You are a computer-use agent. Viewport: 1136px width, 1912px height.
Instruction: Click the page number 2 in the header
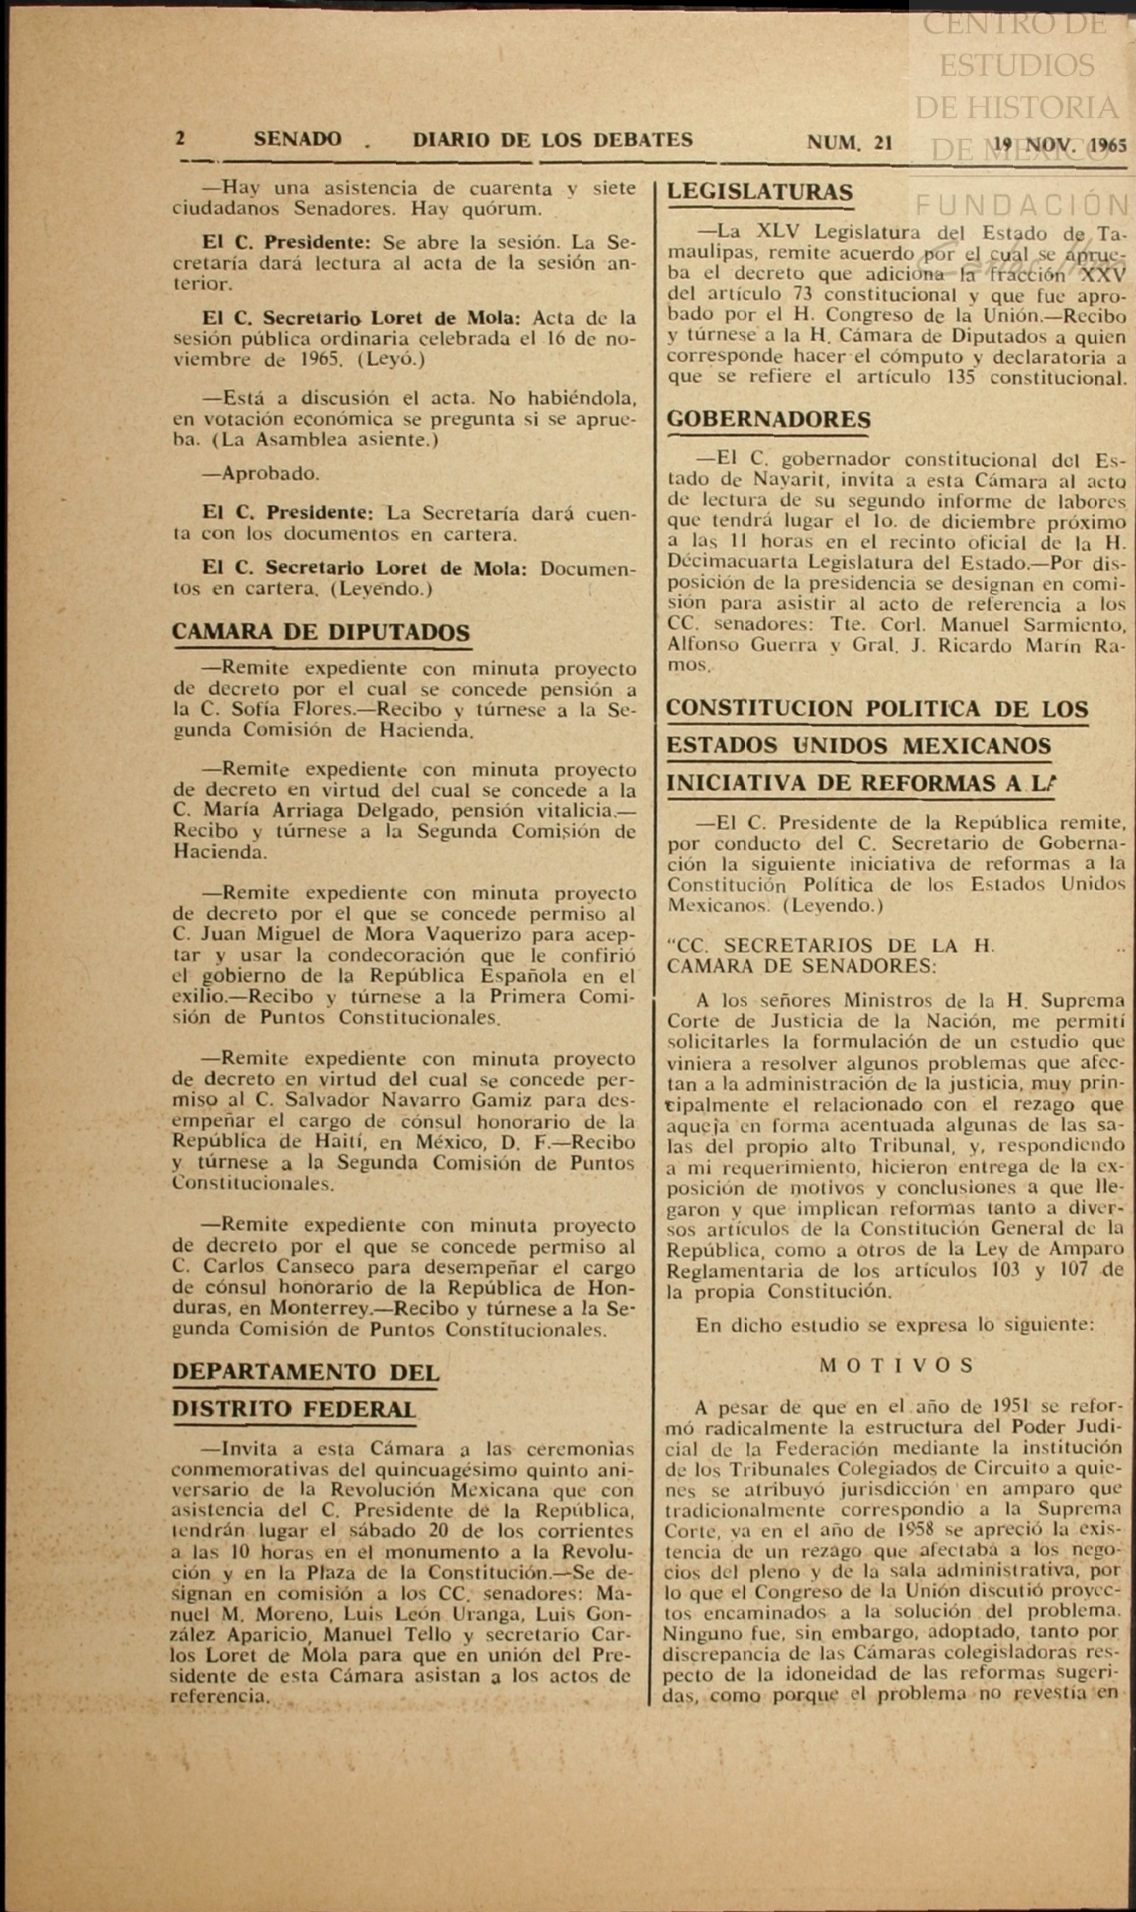[180, 138]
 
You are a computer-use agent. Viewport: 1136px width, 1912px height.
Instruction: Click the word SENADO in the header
[297, 139]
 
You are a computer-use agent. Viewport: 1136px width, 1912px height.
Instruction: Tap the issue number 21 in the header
[883, 143]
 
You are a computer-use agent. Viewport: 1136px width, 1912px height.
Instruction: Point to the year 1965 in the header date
[1108, 145]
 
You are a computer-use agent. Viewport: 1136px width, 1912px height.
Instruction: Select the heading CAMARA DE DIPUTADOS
[321, 632]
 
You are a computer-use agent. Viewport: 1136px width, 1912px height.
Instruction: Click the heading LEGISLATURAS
[760, 192]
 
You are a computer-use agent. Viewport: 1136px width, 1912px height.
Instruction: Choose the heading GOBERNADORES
[769, 420]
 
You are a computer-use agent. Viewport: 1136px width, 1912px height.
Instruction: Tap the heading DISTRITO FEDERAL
[294, 1409]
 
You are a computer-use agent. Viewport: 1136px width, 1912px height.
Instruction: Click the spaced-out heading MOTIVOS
[896, 1365]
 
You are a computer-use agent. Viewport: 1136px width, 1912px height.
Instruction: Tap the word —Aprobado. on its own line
[261, 474]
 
